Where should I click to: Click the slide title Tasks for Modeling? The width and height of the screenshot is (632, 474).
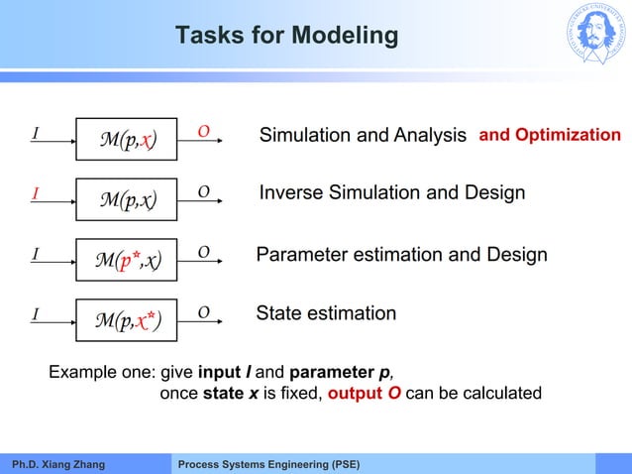click(x=286, y=37)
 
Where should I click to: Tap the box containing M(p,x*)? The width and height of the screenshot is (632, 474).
click(x=126, y=319)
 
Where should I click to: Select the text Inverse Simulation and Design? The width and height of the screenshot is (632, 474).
click(x=391, y=192)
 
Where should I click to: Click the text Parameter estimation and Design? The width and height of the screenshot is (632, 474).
click(x=401, y=255)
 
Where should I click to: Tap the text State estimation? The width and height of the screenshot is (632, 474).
click(x=326, y=314)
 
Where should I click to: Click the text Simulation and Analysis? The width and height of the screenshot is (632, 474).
click(x=363, y=135)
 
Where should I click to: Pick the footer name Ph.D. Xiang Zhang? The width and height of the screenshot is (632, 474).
click(x=57, y=464)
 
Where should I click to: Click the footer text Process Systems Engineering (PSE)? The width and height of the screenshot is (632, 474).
click(x=268, y=464)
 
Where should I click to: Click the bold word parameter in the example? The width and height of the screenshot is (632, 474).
click(x=332, y=373)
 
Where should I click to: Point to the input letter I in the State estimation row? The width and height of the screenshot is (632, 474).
click(x=35, y=314)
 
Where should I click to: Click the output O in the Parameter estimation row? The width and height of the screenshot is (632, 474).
click(x=203, y=254)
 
